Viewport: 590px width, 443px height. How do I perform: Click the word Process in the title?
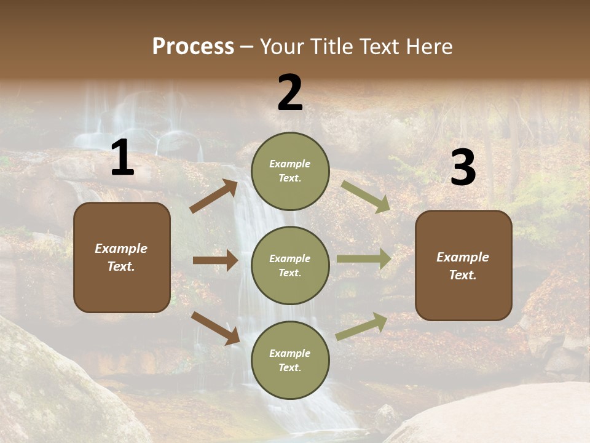click(x=193, y=47)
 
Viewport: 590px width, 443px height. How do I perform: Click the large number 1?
click(x=122, y=159)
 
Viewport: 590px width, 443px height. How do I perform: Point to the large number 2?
click(x=290, y=94)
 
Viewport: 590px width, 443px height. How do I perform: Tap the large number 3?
click(x=463, y=169)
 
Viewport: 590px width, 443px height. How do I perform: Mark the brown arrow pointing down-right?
click(x=215, y=328)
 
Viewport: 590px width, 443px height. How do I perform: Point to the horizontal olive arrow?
click(x=364, y=258)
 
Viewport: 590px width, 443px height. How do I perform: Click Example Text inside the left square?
click(x=122, y=257)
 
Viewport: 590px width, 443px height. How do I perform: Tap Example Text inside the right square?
click(x=463, y=266)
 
